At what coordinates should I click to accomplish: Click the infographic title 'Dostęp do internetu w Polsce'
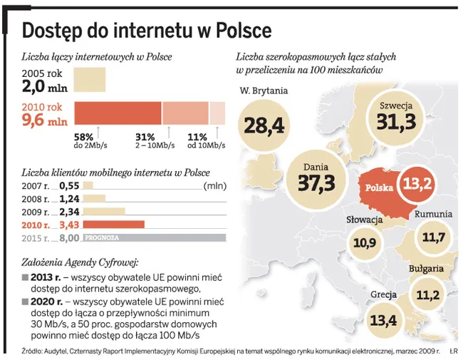pyautogui.click(x=147, y=30)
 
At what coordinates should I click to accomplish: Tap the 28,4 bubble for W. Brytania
pyautogui.click(x=264, y=125)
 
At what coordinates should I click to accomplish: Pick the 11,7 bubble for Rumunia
pyautogui.click(x=433, y=236)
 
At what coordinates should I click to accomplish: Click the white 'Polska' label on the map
pyautogui.click(x=380, y=188)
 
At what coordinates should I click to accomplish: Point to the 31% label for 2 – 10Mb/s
pyautogui.click(x=145, y=137)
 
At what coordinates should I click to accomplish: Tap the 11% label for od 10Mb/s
pyautogui.click(x=197, y=137)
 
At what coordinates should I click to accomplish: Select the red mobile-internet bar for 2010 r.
pyautogui.click(x=114, y=225)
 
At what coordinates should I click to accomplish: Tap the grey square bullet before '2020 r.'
pyautogui.click(x=26, y=302)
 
